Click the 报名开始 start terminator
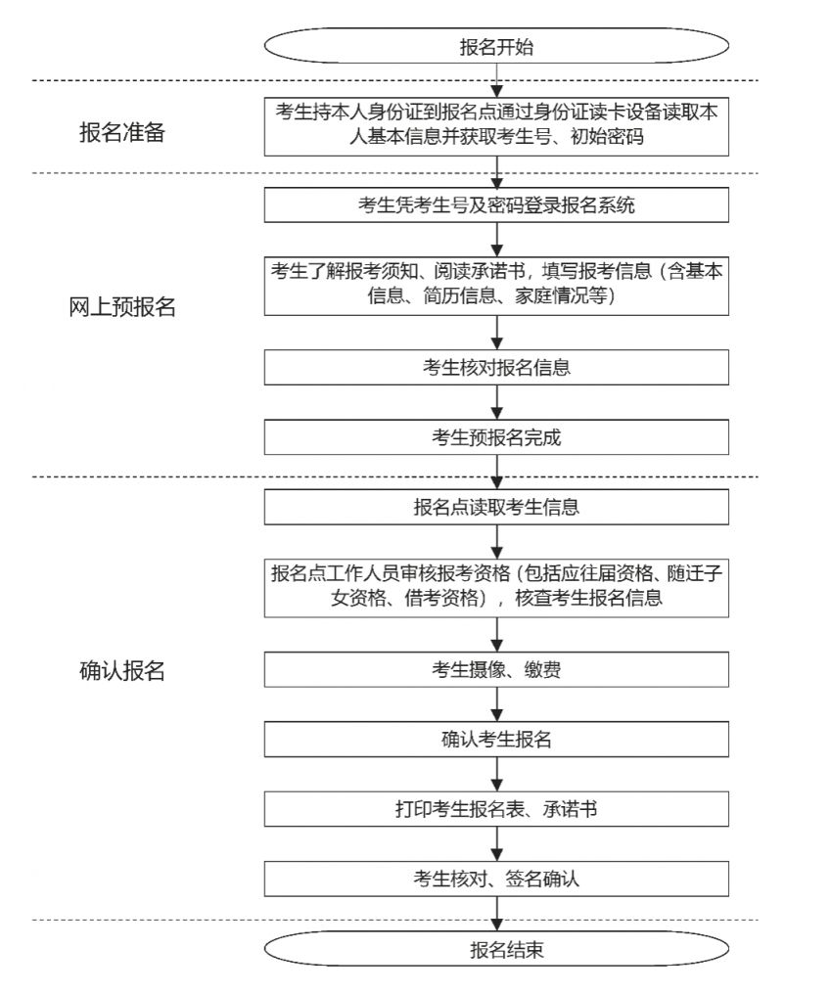(496, 46)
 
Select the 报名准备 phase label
(122, 133)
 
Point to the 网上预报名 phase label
(122, 306)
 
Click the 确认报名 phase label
(122, 671)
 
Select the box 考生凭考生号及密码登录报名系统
(496, 204)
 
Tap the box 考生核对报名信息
(496, 368)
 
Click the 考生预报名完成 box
(496, 437)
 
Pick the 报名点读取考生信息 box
(496, 507)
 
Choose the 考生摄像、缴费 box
(496, 669)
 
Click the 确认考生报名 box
(496, 739)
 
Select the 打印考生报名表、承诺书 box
(496, 808)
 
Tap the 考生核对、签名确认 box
(496, 878)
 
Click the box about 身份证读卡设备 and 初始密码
(496, 125)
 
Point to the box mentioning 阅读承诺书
(496, 285)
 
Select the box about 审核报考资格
(496, 586)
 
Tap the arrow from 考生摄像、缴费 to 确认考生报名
(498, 704)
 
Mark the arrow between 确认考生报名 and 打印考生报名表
(498, 774)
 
